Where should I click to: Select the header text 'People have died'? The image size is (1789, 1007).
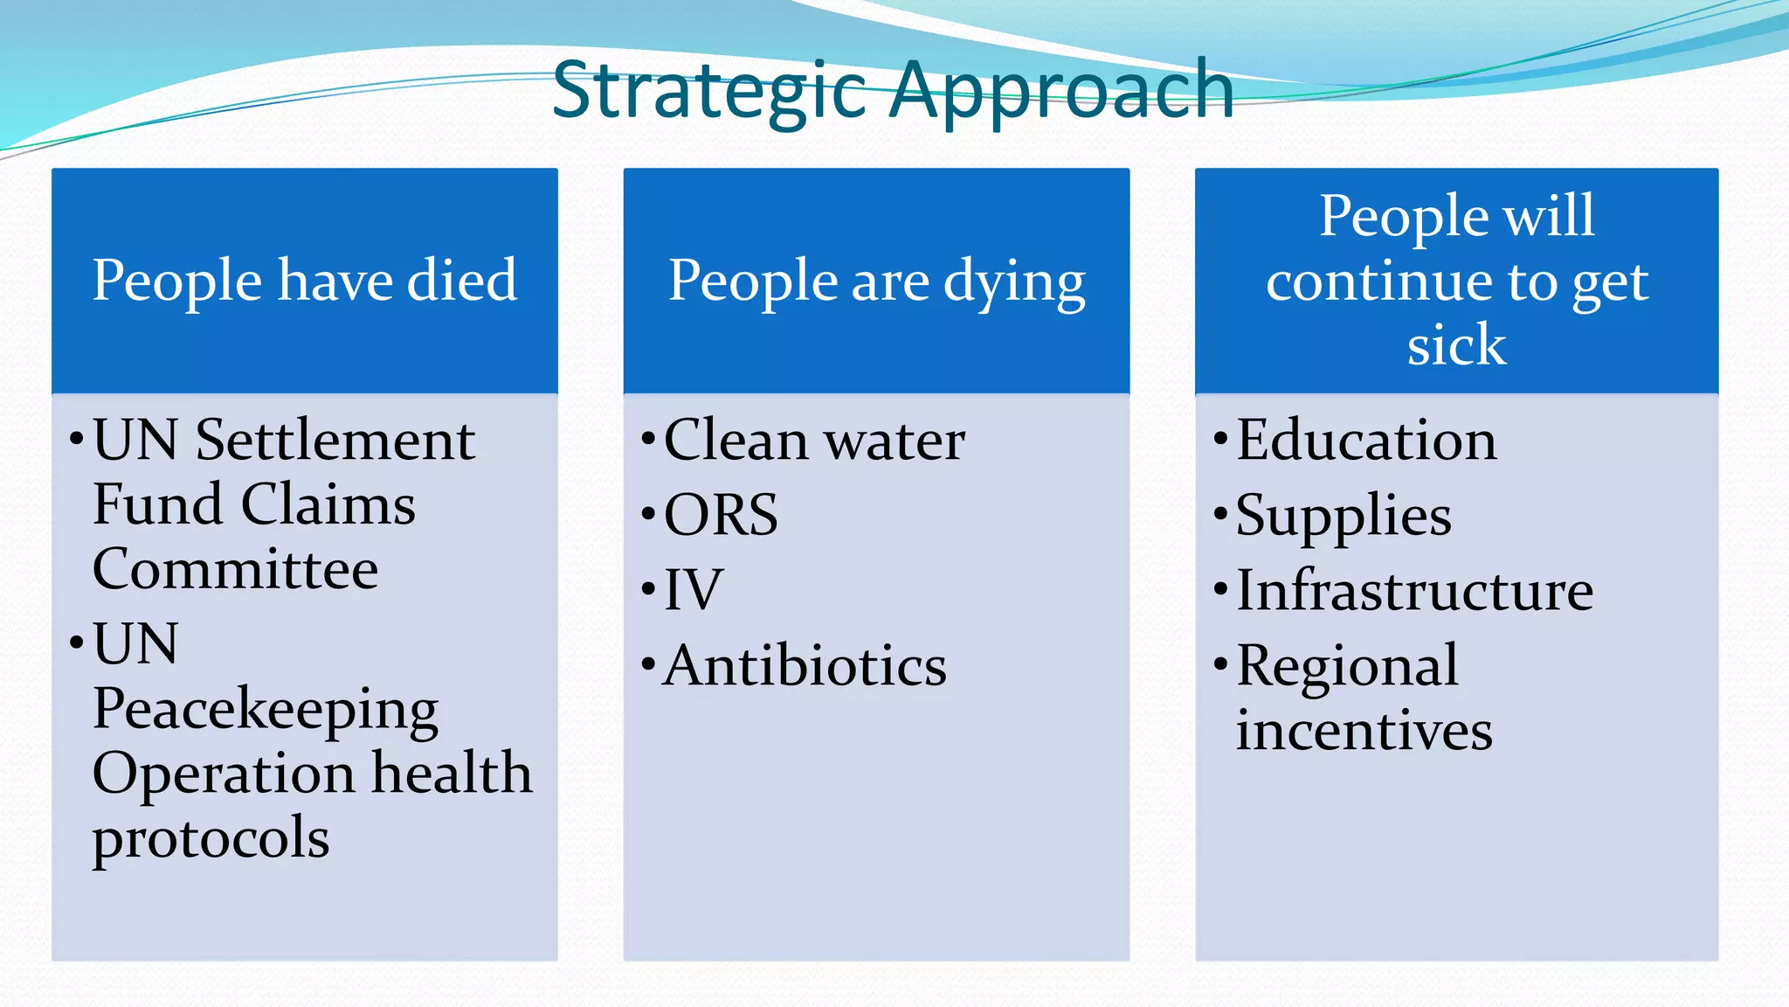(x=305, y=281)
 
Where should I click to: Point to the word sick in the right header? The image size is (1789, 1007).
(x=1456, y=344)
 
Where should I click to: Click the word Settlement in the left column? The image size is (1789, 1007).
(x=335, y=440)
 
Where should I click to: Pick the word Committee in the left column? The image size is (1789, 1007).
(x=235, y=569)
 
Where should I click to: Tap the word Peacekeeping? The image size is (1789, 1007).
(x=266, y=709)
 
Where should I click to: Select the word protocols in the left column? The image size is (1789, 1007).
(x=211, y=838)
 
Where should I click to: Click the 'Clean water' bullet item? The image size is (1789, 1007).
(x=814, y=440)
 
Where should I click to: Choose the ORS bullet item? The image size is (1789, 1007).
(x=721, y=515)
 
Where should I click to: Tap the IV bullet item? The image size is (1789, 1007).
(x=694, y=590)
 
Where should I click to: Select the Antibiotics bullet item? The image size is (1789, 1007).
(x=805, y=666)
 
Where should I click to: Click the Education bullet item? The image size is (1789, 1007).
(x=1366, y=440)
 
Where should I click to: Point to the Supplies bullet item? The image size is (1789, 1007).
(x=1343, y=516)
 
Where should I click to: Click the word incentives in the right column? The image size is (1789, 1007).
(x=1364, y=731)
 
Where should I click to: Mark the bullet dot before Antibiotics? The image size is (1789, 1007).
(x=647, y=664)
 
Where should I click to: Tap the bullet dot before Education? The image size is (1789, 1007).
(x=1220, y=438)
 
